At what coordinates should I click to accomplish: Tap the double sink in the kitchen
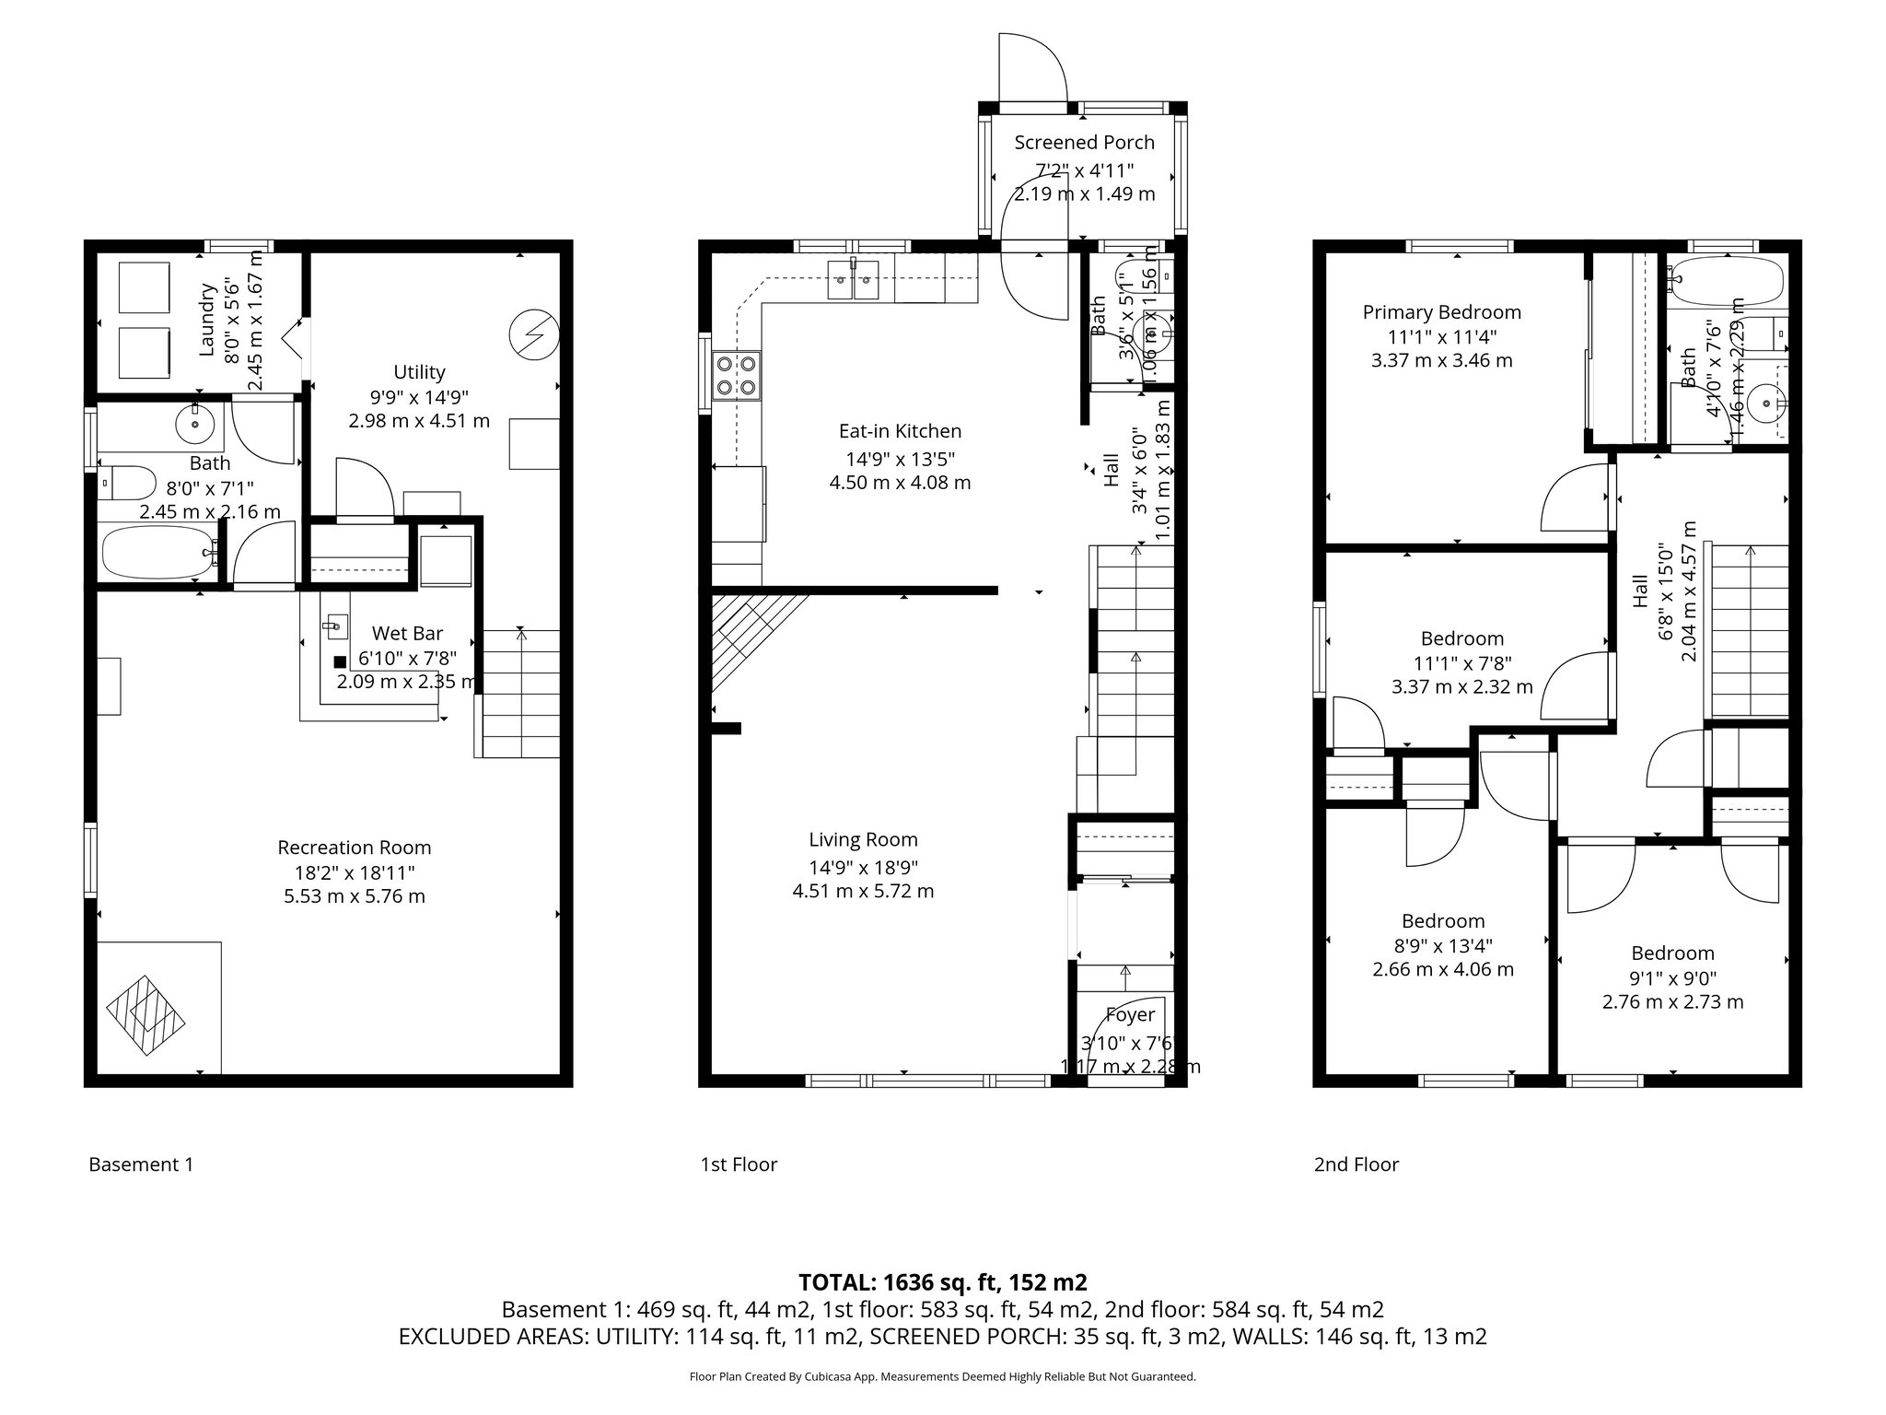853,280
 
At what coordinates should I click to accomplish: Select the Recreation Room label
355,848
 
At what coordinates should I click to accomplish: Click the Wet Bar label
407,634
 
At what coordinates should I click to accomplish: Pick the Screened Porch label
1084,143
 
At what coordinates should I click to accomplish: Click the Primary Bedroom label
1441,312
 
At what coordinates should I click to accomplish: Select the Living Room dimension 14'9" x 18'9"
863,867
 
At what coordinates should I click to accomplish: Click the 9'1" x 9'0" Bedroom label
1672,953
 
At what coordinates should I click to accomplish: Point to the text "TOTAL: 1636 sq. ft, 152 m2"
942,1281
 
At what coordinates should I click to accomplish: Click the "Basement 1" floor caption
141,1164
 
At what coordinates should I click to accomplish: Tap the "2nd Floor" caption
1356,1164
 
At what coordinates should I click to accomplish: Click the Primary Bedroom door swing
1577,498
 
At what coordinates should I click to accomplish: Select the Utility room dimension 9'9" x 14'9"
419,397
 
